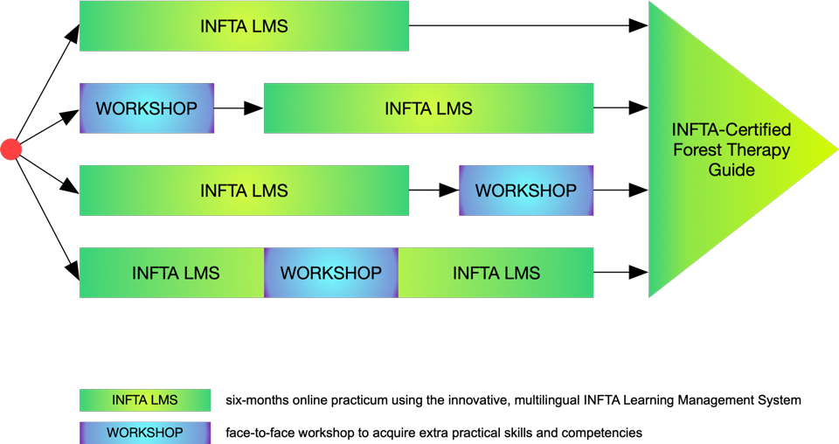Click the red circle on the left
[10, 149]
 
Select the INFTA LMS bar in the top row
[244, 26]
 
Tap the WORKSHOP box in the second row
[147, 108]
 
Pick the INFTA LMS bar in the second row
[428, 108]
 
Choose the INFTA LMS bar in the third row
[244, 191]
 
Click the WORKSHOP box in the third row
[526, 191]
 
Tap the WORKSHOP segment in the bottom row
[331, 273]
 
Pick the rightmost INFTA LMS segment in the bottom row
[496, 273]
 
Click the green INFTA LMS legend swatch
[145, 400]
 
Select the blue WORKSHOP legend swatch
[145, 433]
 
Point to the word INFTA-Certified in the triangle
[732, 130]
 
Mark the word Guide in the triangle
[732, 170]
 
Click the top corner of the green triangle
[651, 4]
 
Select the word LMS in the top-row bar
[269, 26]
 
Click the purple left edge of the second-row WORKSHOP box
[82, 108]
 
